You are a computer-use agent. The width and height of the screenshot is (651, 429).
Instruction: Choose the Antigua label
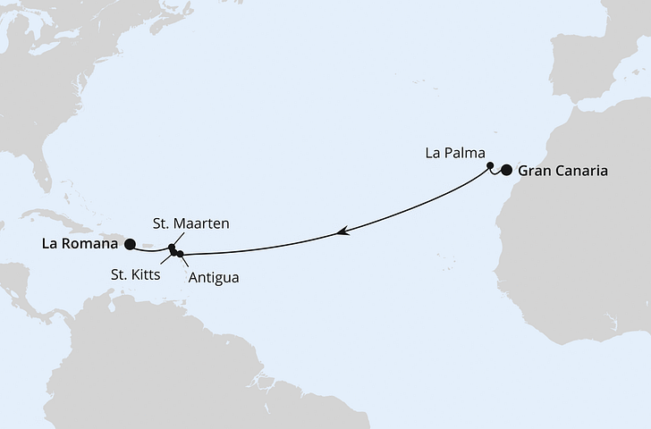tap(213, 278)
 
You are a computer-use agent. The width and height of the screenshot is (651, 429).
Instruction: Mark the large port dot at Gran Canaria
tap(507, 171)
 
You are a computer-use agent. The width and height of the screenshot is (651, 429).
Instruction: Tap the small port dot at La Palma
tap(490, 165)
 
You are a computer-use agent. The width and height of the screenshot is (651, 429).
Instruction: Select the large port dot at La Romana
tap(130, 243)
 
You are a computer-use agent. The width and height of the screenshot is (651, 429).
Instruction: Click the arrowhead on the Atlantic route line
tap(342, 231)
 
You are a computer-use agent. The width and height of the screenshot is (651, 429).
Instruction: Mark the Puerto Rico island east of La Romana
tap(148, 247)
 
